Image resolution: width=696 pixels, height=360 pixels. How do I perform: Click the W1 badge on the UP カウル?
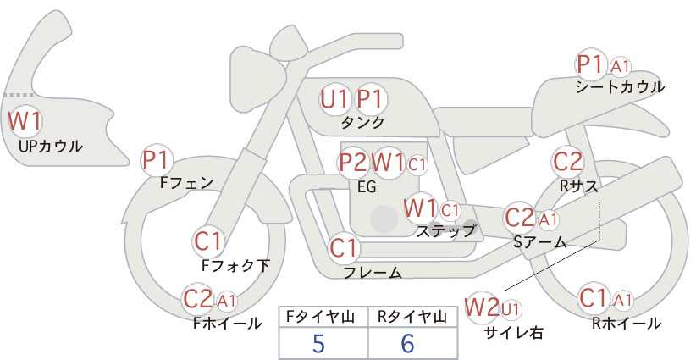(25, 121)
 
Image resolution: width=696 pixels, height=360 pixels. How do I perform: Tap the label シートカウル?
(620, 87)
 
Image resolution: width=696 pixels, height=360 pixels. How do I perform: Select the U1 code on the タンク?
(334, 99)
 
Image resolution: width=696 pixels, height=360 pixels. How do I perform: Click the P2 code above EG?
(353, 163)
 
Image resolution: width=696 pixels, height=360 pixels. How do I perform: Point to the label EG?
(367, 187)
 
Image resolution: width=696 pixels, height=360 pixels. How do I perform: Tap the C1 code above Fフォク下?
(207, 242)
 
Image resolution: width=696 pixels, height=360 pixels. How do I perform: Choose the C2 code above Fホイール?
(198, 299)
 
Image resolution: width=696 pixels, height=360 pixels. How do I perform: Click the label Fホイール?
(227, 324)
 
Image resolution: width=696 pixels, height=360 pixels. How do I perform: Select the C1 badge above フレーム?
(344, 247)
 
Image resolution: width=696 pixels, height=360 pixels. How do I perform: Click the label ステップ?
(445, 230)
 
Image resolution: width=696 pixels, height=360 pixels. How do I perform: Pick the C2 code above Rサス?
(567, 162)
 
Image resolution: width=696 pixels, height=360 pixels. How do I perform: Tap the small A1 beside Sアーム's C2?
(548, 219)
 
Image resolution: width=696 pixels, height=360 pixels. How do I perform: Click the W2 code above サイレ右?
(482, 307)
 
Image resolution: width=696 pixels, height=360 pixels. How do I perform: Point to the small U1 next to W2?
(511, 309)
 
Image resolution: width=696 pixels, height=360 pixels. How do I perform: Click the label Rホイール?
(627, 324)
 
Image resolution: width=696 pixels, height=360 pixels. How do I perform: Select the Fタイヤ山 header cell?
(323, 317)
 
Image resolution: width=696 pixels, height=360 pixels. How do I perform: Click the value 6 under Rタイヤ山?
(407, 343)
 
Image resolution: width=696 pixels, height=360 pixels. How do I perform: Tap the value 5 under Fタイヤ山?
(318, 343)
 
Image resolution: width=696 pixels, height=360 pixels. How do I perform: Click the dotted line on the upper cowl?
(18, 95)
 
